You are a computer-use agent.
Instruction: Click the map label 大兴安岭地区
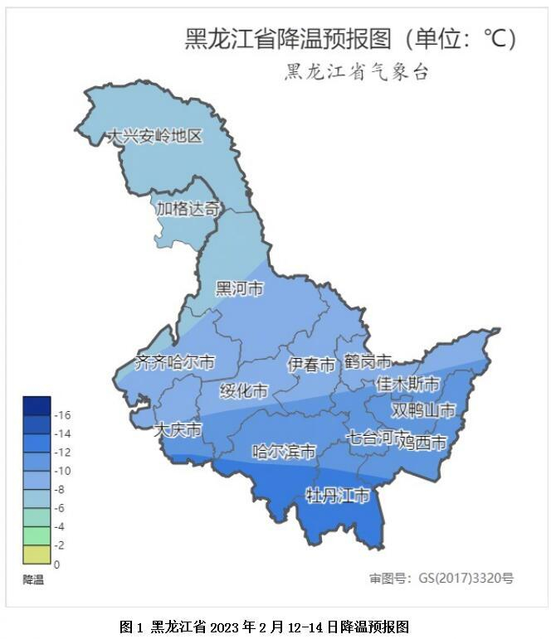click(x=154, y=137)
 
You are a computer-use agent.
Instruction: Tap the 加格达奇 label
click(x=188, y=209)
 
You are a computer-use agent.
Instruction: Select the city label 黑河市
click(x=239, y=288)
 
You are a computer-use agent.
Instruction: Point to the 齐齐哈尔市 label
click(x=174, y=363)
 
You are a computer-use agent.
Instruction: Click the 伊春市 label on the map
click(x=311, y=365)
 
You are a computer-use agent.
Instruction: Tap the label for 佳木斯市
click(x=407, y=384)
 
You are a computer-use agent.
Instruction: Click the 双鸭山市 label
click(x=423, y=410)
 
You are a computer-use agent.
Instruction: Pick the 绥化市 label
click(x=244, y=390)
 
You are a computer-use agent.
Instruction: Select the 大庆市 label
click(x=178, y=430)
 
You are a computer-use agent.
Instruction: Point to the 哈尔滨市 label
click(x=284, y=452)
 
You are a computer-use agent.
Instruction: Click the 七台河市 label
click(x=378, y=436)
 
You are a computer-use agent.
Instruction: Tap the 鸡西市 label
click(x=422, y=443)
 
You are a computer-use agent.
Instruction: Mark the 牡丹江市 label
click(x=338, y=496)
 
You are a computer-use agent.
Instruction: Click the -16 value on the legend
click(x=62, y=415)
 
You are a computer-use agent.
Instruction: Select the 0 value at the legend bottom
click(x=56, y=564)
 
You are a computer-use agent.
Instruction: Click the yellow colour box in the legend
click(x=37, y=555)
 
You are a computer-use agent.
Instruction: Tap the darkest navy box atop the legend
click(x=37, y=405)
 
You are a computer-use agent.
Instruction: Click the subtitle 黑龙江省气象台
click(x=357, y=72)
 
